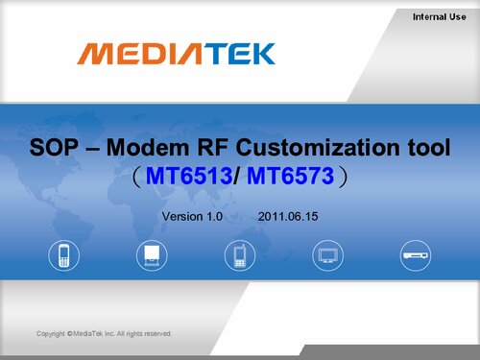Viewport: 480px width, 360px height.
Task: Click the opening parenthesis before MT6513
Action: (138, 179)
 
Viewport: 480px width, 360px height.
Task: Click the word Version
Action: (182, 217)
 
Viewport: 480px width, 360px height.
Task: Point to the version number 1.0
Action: (214, 217)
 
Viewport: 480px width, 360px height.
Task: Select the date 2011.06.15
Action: (289, 217)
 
